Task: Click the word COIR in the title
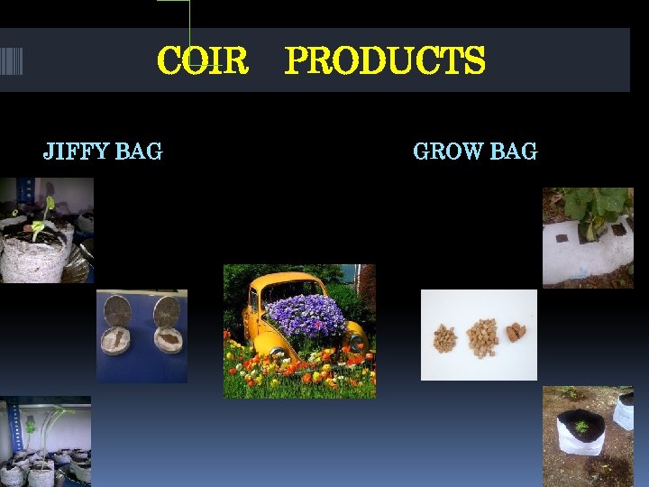[202, 61]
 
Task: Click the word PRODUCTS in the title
[385, 61]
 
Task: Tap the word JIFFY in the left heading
[74, 152]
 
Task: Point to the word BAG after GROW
[514, 152]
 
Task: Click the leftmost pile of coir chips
[444, 338]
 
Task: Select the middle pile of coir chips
[482, 337]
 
